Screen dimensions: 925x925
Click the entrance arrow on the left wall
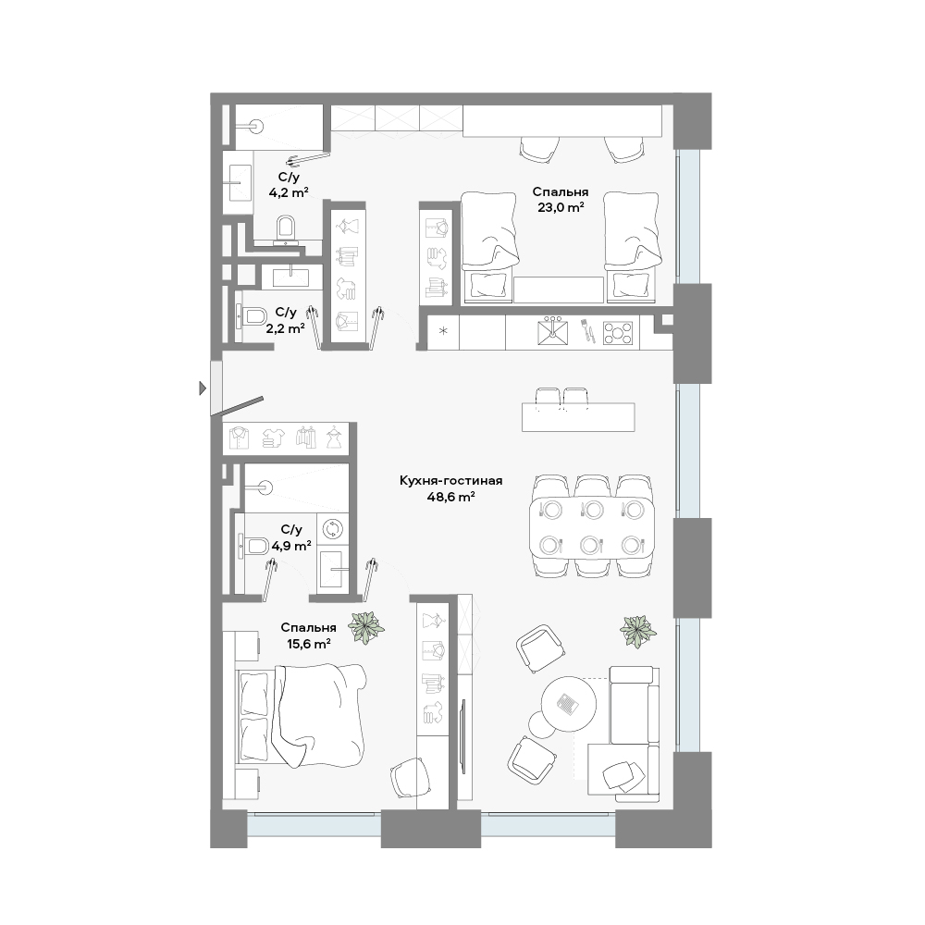click(203, 388)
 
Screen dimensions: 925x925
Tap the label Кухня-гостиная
click(450, 481)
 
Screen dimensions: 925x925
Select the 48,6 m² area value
click(450, 497)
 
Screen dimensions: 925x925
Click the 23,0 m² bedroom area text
click(560, 207)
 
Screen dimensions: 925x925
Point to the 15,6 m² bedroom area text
click(309, 644)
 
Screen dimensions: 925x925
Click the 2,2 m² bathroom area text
click(285, 328)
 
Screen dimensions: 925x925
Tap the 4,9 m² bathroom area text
click(290, 546)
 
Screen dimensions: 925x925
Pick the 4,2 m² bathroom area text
click(289, 191)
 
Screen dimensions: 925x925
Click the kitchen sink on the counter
click(553, 332)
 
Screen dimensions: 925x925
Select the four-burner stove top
click(618, 333)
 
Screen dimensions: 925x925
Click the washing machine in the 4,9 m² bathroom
click(333, 529)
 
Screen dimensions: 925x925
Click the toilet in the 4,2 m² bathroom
click(286, 230)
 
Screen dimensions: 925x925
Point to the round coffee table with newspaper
click(569, 703)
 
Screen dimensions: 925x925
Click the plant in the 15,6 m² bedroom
click(365, 626)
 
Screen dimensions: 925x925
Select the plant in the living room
click(637, 632)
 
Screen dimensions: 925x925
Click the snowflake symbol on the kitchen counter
click(444, 331)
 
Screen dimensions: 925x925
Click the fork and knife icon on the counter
click(586, 331)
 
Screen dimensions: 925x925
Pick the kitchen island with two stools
click(578, 410)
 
